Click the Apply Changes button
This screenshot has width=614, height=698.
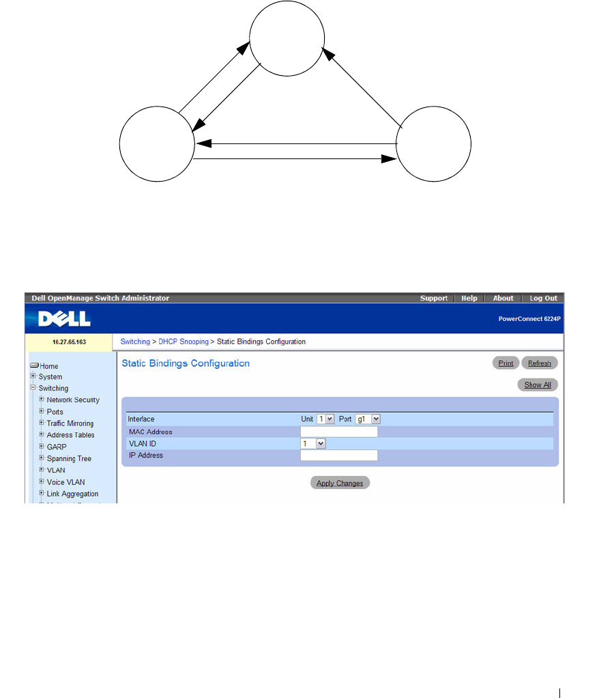click(x=340, y=483)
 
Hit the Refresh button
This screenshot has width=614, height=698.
click(x=539, y=363)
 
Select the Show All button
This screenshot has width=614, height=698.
click(x=538, y=385)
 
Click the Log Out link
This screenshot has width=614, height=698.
click(x=543, y=298)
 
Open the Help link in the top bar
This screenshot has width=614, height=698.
click(x=469, y=298)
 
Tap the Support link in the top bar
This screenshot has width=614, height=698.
click(x=434, y=298)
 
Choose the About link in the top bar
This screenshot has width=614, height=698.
click(x=503, y=298)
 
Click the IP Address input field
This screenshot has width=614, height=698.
click(x=339, y=456)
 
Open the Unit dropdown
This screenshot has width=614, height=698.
click(x=325, y=419)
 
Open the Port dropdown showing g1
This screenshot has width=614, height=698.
click(x=368, y=419)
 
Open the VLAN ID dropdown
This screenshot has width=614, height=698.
click(x=314, y=443)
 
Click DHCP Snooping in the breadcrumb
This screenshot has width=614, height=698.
click(x=184, y=341)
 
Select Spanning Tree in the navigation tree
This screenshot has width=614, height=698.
click(x=69, y=458)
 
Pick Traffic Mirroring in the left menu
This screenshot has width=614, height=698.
click(x=70, y=423)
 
